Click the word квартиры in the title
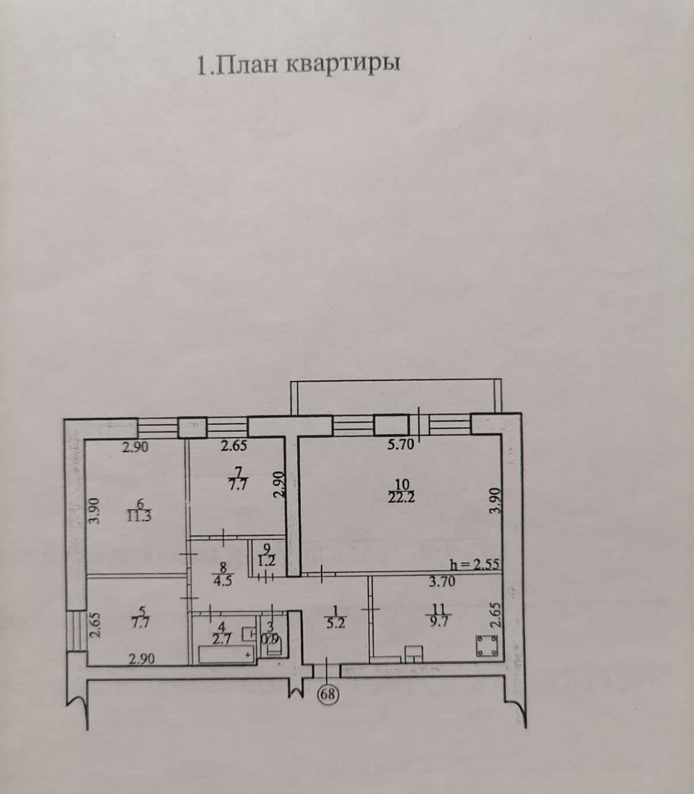pos(343,64)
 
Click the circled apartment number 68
pos(327,694)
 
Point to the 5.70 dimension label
pos(400,446)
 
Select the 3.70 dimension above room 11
pos(442,581)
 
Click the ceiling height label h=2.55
pos(475,564)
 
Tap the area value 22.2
pos(402,497)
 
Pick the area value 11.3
pos(139,516)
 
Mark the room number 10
pos(402,485)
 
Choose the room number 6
pos(141,504)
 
